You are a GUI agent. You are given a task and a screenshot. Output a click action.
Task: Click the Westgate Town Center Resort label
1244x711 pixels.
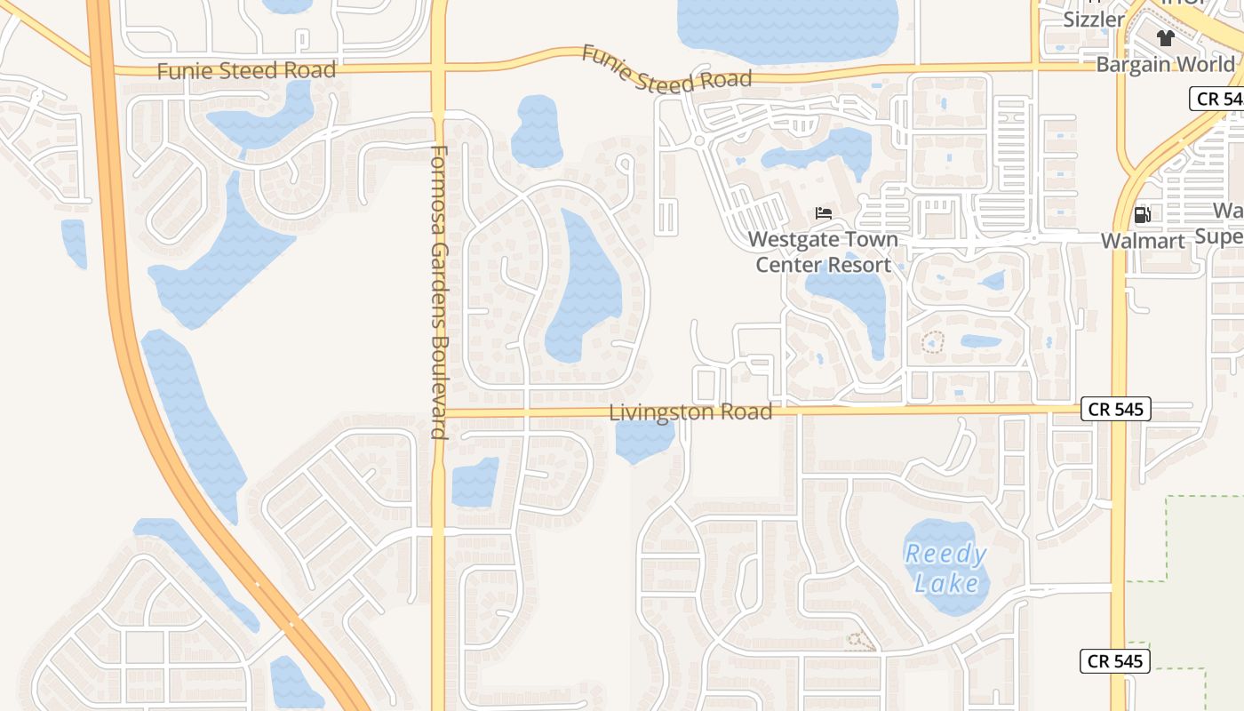(x=823, y=252)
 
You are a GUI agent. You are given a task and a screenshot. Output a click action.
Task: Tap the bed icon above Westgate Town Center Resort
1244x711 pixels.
(x=824, y=213)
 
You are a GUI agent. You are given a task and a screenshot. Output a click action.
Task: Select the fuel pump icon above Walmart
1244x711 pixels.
(x=1142, y=214)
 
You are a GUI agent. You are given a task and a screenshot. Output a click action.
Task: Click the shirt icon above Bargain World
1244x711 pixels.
(x=1166, y=37)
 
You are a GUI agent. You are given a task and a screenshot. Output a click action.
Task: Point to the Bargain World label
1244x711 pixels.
(x=1165, y=64)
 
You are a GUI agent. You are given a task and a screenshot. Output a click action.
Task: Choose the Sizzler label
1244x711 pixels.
(x=1093, y=20)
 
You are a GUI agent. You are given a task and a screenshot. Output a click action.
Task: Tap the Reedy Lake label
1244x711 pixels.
(x=946, y=569)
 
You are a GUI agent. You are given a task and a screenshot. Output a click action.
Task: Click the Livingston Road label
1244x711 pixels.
(x=690, y=412)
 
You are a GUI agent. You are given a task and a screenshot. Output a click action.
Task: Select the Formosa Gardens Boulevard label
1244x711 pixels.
(x=438, y=292)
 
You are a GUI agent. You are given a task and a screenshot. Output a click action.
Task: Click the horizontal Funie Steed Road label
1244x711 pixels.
(x=246, y=70)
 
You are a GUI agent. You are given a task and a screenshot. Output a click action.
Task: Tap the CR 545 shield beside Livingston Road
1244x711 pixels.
(x=1116, y=409)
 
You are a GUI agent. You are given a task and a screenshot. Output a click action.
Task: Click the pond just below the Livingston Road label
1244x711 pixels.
(x=644, y=441)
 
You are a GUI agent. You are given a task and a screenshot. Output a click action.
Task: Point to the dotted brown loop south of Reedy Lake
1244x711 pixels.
(x=859, y=640)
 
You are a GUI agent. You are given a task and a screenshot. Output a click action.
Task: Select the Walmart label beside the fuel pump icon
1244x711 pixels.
(x=1143, y=241)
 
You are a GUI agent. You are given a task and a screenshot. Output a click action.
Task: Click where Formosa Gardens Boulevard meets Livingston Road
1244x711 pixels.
(x=438, y=413)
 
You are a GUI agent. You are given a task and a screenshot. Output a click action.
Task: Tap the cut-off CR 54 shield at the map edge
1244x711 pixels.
(x=1217, y=99)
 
